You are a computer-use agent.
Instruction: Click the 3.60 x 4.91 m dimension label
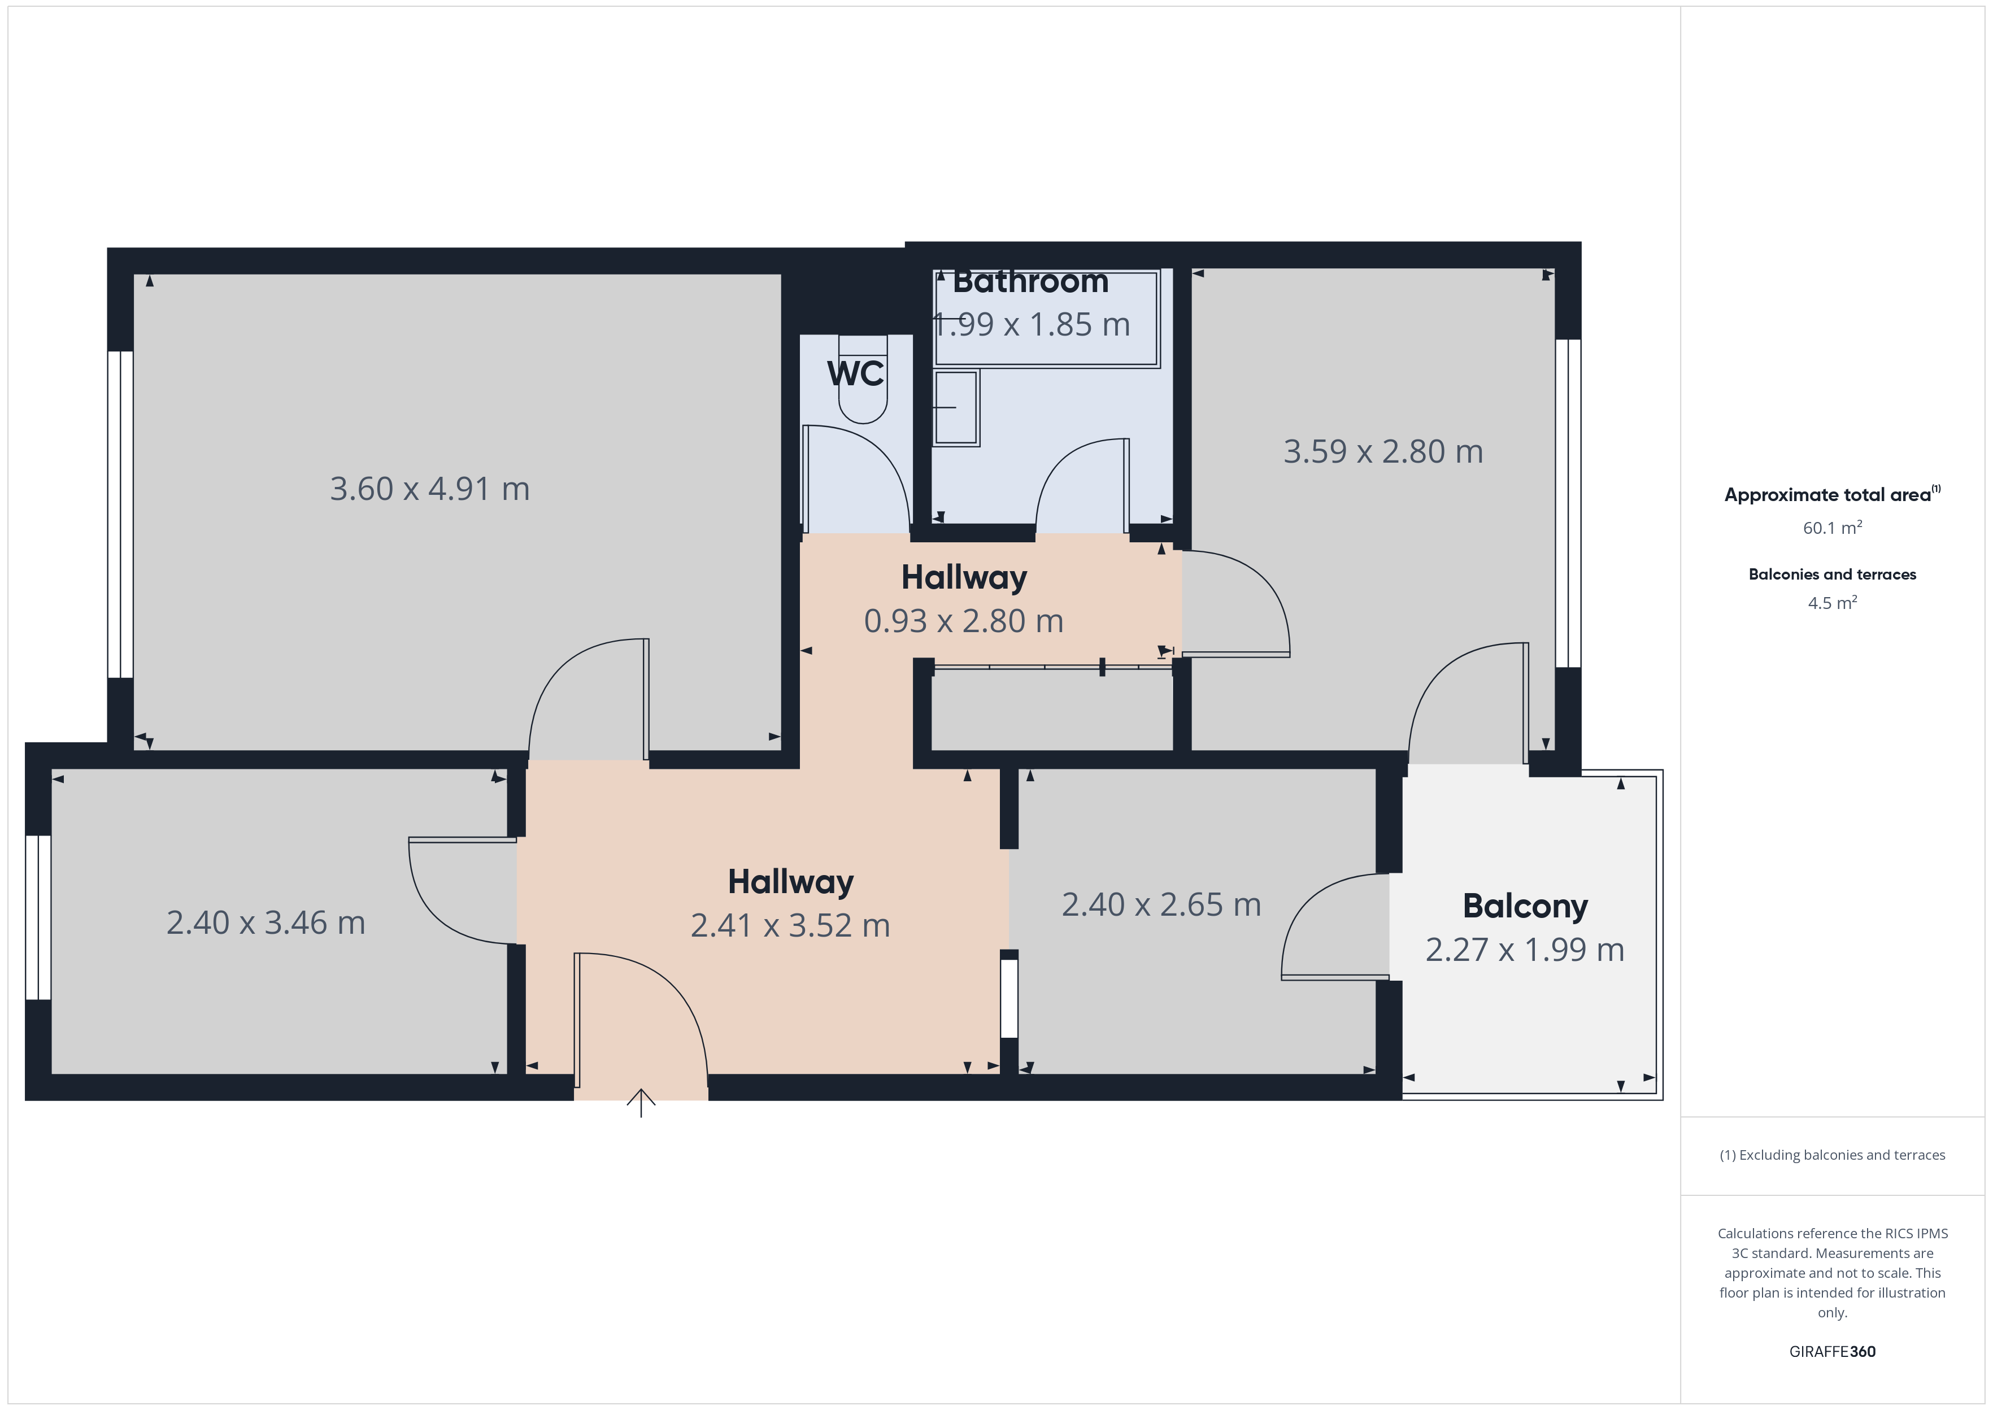[430, 489]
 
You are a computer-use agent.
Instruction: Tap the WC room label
[856, 373]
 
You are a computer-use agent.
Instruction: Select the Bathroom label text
[1030, 281]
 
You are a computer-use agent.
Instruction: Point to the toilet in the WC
[863, 380]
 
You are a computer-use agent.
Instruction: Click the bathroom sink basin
[956, 407]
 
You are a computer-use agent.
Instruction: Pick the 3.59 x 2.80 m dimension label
[1383, 451]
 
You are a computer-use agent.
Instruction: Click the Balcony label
[1525, 907]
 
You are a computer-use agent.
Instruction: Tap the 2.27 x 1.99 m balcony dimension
[1525, 950]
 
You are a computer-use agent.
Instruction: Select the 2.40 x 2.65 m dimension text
[1161, 904]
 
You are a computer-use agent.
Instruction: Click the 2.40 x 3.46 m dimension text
[266, 923]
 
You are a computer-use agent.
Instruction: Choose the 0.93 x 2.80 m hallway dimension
[964, 621]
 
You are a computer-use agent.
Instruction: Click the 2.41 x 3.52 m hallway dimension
[790, 925]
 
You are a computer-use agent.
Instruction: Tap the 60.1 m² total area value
[1833, 528]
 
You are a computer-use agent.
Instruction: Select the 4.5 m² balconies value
[1833, 603]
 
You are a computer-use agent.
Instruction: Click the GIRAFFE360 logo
[1833, 1352]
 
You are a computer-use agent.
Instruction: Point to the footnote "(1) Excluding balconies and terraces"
[1833, 1155]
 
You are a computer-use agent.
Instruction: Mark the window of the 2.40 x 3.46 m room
[38, 918]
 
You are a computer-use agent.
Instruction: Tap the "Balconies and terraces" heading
[1833, 574]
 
